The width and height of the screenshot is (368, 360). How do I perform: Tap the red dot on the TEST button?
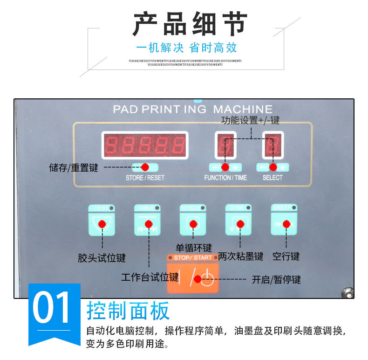click(102, 224)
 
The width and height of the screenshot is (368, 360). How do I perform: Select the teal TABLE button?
click(147, 223)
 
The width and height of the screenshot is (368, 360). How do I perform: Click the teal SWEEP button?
click(284, 223)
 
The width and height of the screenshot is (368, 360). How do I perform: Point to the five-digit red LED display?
click(145, 145)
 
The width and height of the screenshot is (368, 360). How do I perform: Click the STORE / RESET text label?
click(145, 178)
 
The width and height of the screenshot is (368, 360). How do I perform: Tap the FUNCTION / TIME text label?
click(225, 178)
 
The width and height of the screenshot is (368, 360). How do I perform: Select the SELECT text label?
click(273, 178)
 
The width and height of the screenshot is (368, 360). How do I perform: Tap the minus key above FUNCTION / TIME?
click(215, 167)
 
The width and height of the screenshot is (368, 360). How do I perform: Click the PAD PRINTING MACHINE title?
click(192, 109)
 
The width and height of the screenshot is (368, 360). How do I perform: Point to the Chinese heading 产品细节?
click(190, 24)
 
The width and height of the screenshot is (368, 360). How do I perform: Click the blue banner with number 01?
click(54, 310)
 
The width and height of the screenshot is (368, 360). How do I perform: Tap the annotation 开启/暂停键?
click(276, 280)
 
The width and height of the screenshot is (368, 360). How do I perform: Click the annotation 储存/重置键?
click(74, 168)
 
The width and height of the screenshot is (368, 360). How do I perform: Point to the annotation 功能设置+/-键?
click(251, 120)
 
